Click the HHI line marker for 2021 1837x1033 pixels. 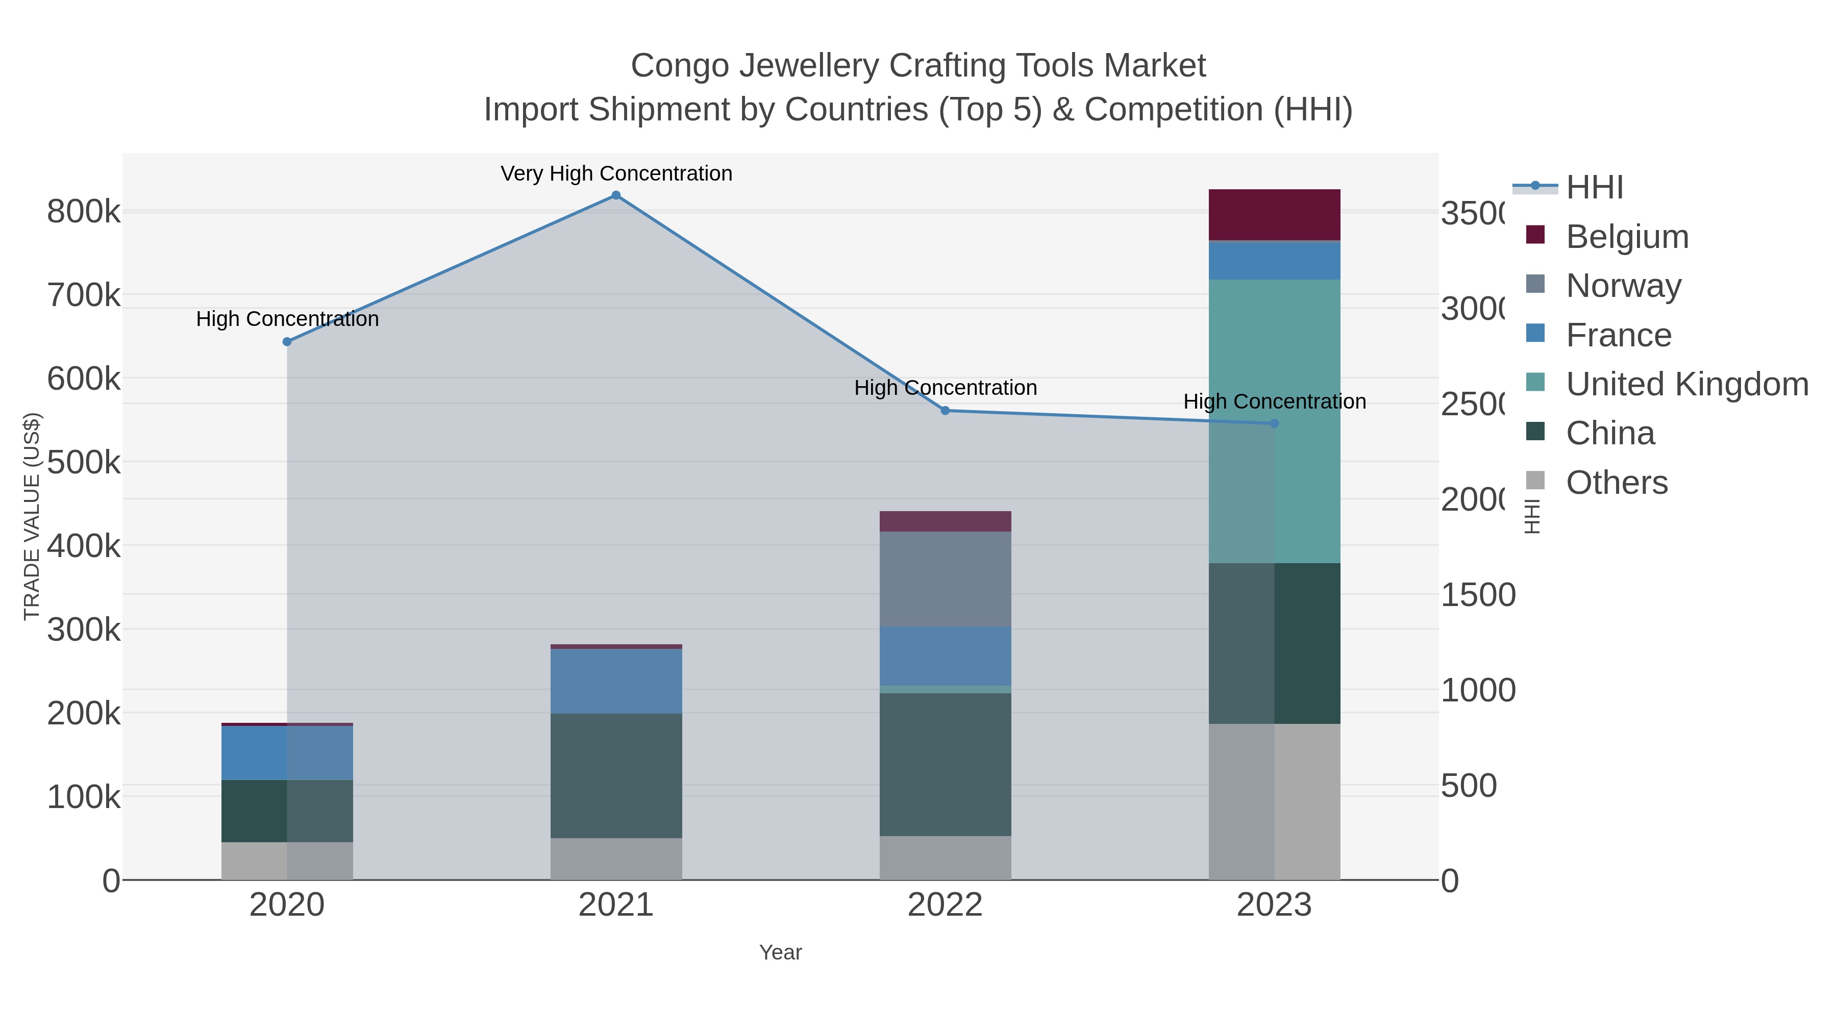pyautogui.click(x=616, y=195)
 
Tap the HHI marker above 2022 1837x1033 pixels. pyautogui.click(x=945, y=411)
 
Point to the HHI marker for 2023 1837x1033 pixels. pyautogui.click(x=1274, y=423)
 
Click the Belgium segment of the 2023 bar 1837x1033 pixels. pyautogui.click(x=1274, y=215)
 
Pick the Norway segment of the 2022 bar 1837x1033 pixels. pyautogui.click(x=945, y=579)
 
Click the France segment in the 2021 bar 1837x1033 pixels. pyautogui.click(x=616, y=681)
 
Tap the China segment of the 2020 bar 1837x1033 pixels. pyautogui.click(x=287, y=811)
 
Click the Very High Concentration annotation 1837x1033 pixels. pyautogui.click(x=616, y=174)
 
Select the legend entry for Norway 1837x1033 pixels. pyautogui.click(x=1624, y=286)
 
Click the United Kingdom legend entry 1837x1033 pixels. pyautogui.click(x=1686, y=384)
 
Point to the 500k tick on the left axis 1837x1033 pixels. pyautogui.click(x=84, y=463)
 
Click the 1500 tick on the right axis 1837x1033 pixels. pyautogui.click(x=1478, y=595)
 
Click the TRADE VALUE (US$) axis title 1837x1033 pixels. pyautogui.click(x=31, y=516)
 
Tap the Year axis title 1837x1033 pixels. pyautogui.click(x=780, y=952)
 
